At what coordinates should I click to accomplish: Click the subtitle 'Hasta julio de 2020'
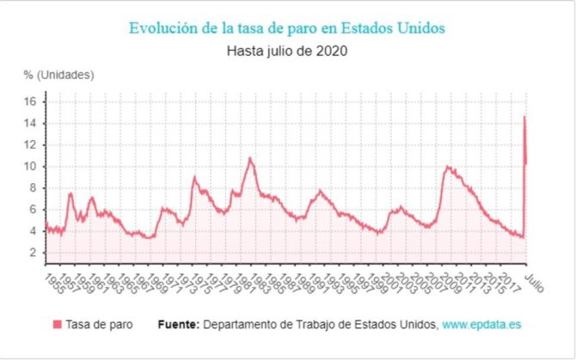point(287,50)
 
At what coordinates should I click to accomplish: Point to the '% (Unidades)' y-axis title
point(58,75)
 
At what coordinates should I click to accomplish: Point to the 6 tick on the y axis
point(32,210)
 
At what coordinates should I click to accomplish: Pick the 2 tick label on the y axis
point(32,253)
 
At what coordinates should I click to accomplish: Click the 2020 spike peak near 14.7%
point(524,117)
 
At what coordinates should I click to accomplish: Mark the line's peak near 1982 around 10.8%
point(249,158)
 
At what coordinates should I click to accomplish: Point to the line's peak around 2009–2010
point(447,167)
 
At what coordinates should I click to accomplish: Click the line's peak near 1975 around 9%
point(195,177)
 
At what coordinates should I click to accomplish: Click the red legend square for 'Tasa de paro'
point(58,325)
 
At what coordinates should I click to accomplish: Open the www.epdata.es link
point(482,325)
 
